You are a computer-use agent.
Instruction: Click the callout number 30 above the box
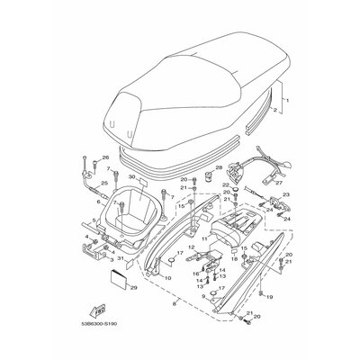tap(132, 179)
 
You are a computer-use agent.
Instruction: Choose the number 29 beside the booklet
tap(133, 288)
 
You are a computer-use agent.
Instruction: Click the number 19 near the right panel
tap(270, 293)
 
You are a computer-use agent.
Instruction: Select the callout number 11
tap(204, 238)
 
